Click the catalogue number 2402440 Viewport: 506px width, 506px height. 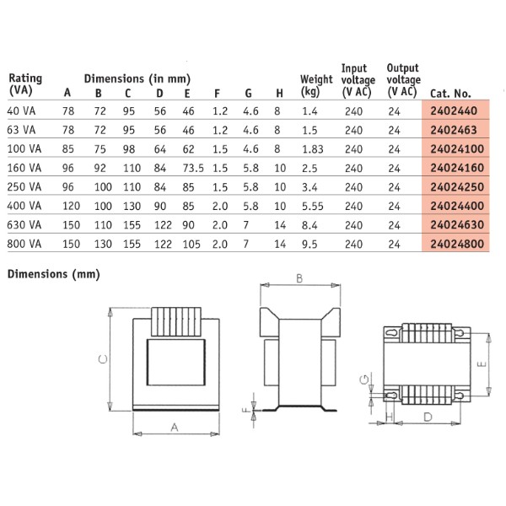click(x=454, y=110)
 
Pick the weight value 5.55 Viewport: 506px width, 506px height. click(x=313, y=206)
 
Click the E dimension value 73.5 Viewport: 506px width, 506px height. click(x=194, y=168)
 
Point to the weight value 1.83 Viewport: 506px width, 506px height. click(x=313, y=148)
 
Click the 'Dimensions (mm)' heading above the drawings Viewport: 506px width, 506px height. click(x=53, y=274)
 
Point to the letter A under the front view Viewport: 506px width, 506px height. click(x=175, y=428)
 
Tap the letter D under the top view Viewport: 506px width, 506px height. click(x=428, y=417)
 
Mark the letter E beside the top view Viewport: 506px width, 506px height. click(x=481, y=365)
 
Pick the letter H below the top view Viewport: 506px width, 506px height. click(x=390, y=417)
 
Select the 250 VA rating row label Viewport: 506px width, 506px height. click(x=23, y=186)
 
